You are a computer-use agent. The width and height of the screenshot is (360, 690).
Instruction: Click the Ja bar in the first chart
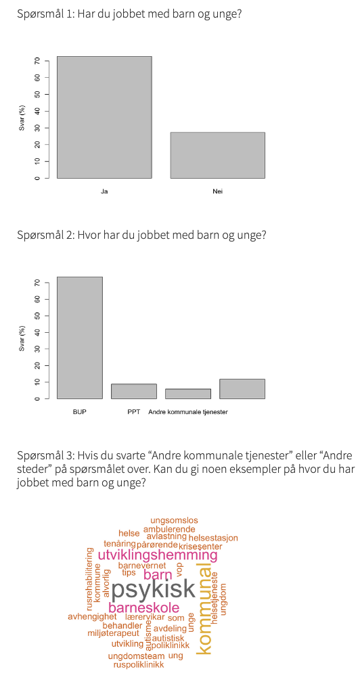click(x=104, y=117)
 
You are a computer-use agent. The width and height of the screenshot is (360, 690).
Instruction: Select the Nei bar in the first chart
click(x=217, y=155)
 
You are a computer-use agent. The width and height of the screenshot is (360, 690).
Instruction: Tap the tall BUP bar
click(x=80, y=338)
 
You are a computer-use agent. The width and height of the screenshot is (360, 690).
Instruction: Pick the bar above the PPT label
click(x=134, y=391)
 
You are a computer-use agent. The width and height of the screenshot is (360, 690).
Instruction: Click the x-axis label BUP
click(x=80, y=411)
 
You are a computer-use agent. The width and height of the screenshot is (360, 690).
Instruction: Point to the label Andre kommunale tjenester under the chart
click(x=188, y=411)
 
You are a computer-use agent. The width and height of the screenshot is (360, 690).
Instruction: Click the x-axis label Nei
click(x=217, y=191)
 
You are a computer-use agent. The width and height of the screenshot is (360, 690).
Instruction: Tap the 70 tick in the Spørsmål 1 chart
click(x=38, y=61)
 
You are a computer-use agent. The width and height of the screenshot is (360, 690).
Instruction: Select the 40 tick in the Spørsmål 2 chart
click(x=38, y=332)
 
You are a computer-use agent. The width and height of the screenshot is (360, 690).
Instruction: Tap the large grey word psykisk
click(x=153, y=589)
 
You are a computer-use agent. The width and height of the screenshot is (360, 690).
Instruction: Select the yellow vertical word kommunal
click(x=203, y=608)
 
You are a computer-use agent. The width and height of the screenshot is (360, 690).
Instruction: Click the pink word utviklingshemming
click(x=158, y=555)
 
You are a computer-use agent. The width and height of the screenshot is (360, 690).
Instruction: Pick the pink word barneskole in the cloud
click(x=143, y=607)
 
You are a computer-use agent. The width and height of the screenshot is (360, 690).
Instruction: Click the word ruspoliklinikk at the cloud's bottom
click(x=139, y=664)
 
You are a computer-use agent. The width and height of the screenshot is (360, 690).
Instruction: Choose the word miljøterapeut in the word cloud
click(x=113, y=634)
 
